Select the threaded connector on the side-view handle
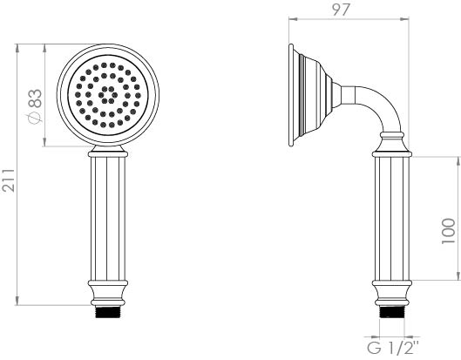(389, 311)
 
